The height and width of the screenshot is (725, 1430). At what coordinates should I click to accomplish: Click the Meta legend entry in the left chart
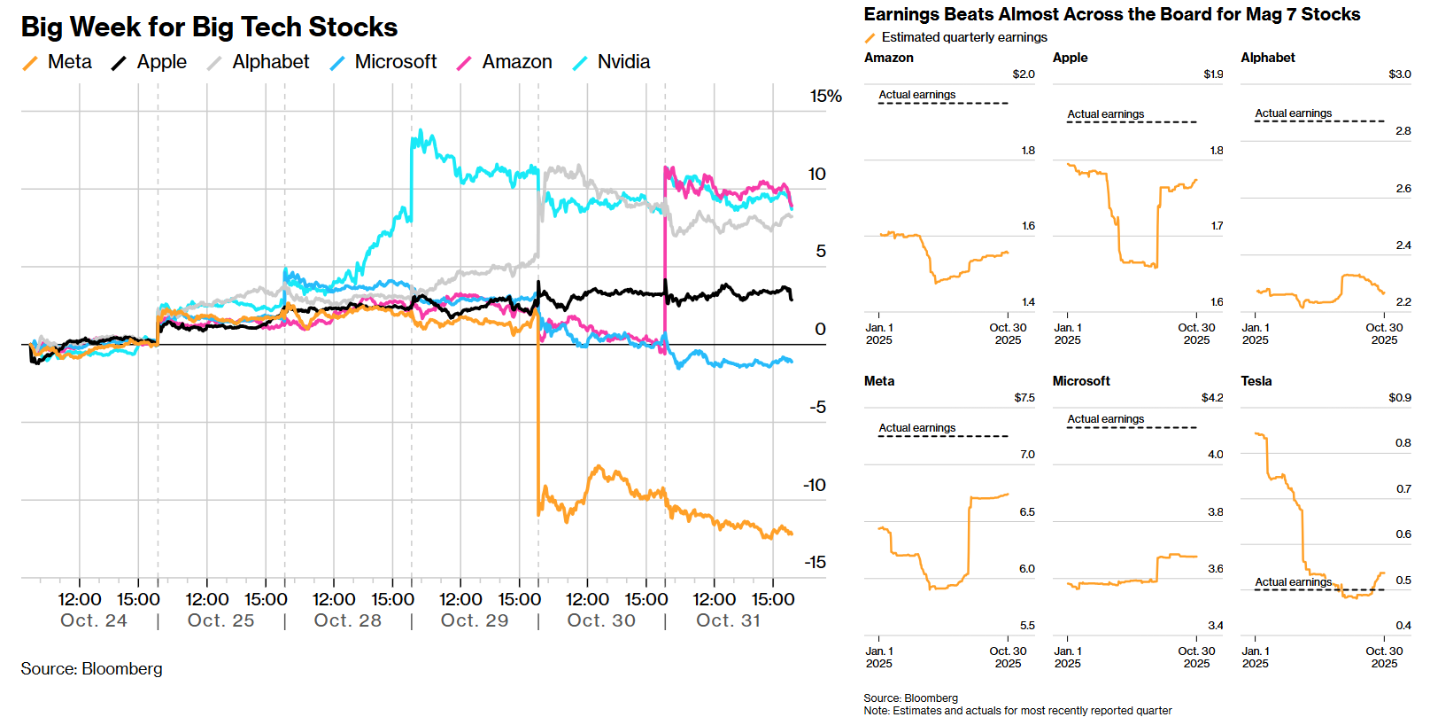pyautogui.click(x=69, y=62)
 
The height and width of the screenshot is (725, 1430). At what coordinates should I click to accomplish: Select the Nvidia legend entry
pyautogui.click(x=623, y=62)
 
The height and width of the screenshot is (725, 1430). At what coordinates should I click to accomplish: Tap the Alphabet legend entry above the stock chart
pyautogui.click(x=270, y=62)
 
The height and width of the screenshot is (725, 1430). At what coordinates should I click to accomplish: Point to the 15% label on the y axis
pyautogui.click(x=825, y=97)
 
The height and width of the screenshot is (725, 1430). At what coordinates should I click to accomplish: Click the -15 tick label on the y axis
pyautogui.click(x=815, y=562)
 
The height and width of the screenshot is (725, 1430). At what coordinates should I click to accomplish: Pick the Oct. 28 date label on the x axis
pyautogui.click(x=347, y=620)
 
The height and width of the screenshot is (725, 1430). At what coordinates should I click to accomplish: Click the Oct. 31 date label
pyautogui.click(x=728, y=620)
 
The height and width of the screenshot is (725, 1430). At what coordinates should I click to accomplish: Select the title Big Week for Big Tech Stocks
pyautogui.click(x=209, y=27)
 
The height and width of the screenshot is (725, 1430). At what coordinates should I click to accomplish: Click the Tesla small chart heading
pyautogui.click(x=1256, y=381)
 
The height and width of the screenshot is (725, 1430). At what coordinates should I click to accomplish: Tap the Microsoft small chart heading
pyautogui.click(x=1081, y=381)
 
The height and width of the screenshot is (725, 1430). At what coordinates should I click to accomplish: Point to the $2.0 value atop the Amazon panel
pyautogui.click(x=1024, y=74)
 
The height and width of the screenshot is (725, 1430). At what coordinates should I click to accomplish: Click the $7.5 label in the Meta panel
pyautogui.click(x=1024, y=398)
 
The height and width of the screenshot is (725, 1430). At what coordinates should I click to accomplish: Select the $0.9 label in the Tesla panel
pyautogui.click(x=1400, y=398)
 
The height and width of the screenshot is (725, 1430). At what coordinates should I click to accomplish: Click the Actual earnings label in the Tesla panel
pyautogui.click(x=1293, y=582)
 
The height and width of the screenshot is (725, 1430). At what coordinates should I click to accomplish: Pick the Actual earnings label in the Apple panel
pyautogui.click(x=1105, y=114)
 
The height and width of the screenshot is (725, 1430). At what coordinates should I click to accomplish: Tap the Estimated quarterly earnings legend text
pyautogui.click(x=964, y=37)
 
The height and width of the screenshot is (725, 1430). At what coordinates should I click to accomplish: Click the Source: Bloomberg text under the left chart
pyautogui.click(x=92, y=669)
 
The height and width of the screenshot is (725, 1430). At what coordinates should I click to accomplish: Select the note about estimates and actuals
pyautogui.click(x=1017, y=711)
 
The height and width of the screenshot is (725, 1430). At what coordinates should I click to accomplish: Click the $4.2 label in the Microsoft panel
pyautogui.click(x=1212, y=398)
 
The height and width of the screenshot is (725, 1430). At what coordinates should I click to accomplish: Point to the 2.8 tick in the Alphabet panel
pyautogui.click(x=1403, y=131)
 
